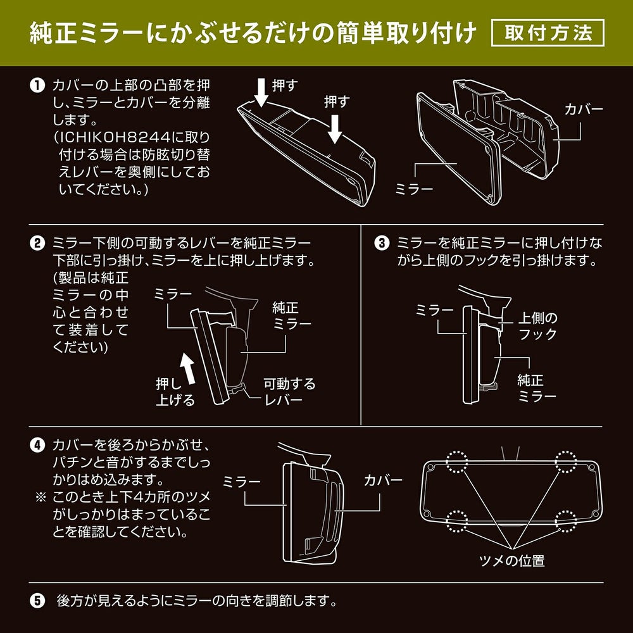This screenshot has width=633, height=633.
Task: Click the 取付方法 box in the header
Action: tap(548, 33)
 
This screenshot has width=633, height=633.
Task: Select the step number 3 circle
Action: tap(381, 243)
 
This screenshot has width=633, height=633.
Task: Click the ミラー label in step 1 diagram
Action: tap(413, 188)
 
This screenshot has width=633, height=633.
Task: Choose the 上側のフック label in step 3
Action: tap(537, 324)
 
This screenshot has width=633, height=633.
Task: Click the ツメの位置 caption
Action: tap(512, 560)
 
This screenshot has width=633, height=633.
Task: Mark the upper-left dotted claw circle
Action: tap(456, 463)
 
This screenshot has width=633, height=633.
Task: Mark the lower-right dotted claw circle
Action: tap(565, 522)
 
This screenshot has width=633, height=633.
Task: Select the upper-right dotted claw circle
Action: tap(565, 463)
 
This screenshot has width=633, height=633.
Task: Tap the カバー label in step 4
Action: tap(382, 480)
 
